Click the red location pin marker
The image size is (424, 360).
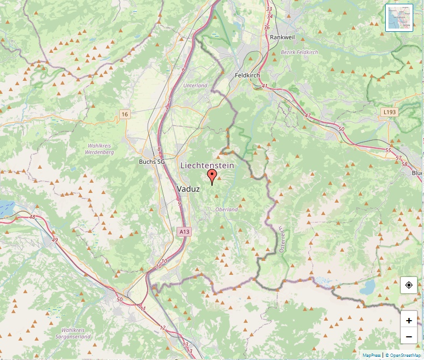click(x=212, y=176)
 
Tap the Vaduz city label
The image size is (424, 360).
click(x=189, y=189)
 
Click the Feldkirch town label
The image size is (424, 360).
click(x=248, y=76)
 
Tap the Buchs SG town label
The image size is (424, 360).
click(x=151, y=162)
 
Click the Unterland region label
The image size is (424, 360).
click(x=195, y=86)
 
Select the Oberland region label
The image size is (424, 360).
click(x=226, y=209)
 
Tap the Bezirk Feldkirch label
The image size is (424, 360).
click(x=300, y=52)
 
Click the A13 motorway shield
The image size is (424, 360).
click(x=184, y=231)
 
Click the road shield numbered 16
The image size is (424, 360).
click(x=125, y=114)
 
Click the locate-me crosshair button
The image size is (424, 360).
click(x=408, y=285)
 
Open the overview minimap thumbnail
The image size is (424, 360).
click(x=399, y=18)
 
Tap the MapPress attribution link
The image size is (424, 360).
click(x=372, y=355)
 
